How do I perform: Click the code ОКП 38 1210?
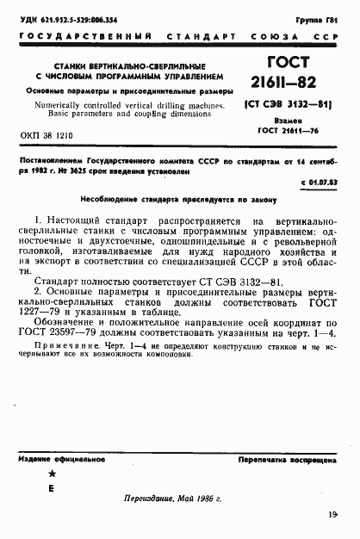pyautogui.click(x=47, y=136)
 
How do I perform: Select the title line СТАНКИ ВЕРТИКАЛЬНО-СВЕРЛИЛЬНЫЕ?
pyautogui.click(x=126, y=65)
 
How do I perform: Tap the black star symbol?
pyautogui.click(x=51, y=474)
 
